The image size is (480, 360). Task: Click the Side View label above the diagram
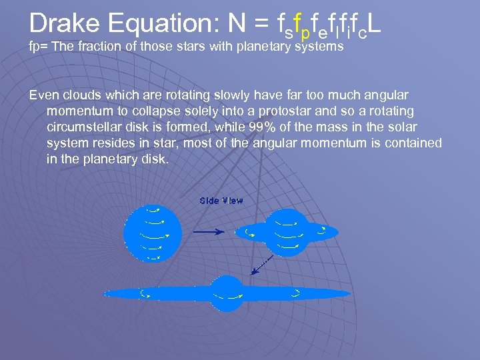pos(221,201)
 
